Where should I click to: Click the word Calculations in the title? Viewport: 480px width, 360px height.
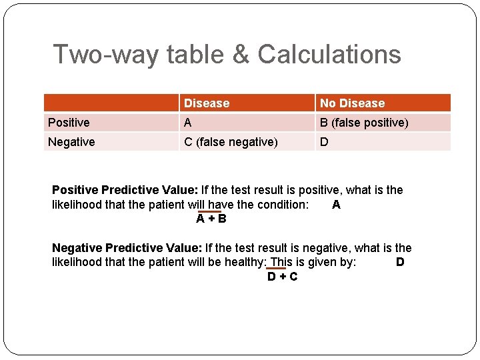point(329,54)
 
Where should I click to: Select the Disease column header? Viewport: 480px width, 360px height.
point(207,103)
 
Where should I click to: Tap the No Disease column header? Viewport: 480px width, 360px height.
point(352,103)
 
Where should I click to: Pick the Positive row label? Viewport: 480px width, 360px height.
point(69,123)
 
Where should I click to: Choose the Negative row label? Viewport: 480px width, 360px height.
point(71,142)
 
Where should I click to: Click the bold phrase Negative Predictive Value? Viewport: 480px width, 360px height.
point(126,248)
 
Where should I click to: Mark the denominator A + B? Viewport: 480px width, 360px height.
point(211,219)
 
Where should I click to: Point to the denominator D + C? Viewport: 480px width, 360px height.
point(282,277)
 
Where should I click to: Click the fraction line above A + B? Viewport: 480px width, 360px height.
point(210,211)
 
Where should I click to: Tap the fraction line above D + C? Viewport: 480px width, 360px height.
point(276,269)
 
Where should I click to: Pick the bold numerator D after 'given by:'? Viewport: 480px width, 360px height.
point(400,262)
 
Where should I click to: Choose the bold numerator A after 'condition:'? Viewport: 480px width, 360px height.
point(336,205)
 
